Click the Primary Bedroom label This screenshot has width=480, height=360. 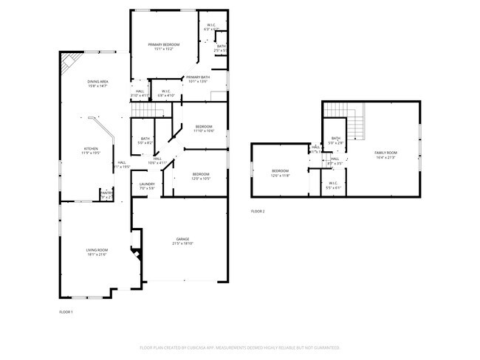point(163,45)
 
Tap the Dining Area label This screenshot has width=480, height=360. point(98,82)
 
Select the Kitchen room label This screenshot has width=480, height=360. point(90,148)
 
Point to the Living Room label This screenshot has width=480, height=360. point(97,250)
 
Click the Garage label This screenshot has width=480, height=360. point(183,239)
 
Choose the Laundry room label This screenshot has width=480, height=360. point(147,184)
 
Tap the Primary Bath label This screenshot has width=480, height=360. point(198,77)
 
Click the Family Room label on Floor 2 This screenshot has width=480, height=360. point(385,152)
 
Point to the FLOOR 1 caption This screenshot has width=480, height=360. point(66,312)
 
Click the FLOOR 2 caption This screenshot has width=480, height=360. point(258,212)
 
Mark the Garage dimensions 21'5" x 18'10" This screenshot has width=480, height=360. point(183,243)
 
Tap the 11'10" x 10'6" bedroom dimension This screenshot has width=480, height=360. point(204,131)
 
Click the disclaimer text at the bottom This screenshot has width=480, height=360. point(240,347)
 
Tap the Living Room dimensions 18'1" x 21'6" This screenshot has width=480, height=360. point(97,255)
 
